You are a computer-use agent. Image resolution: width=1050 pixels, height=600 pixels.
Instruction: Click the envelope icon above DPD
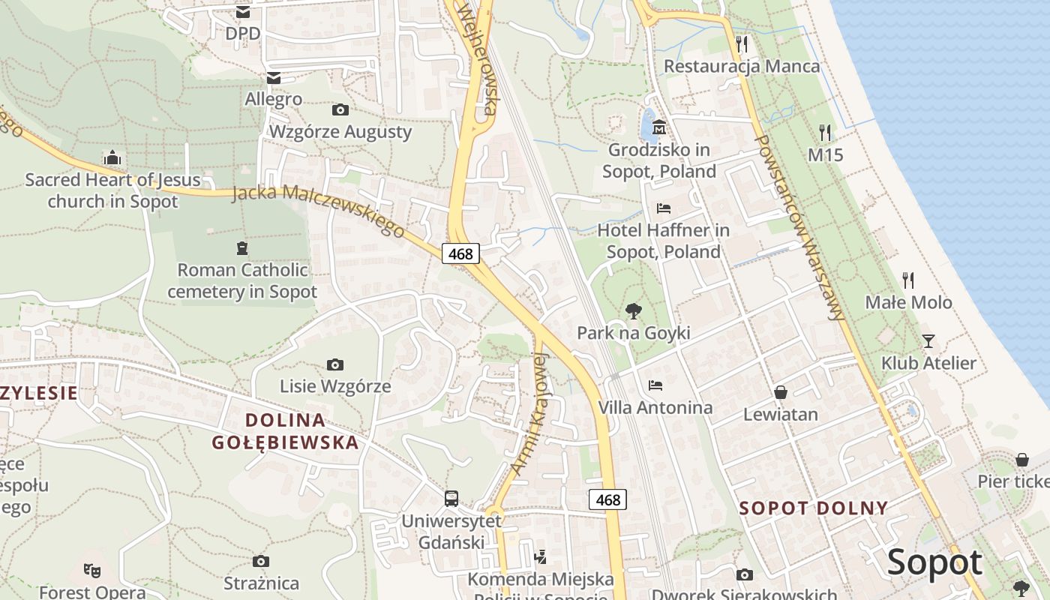[243, 12]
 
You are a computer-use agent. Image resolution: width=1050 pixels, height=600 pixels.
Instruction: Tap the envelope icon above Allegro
[273, 78]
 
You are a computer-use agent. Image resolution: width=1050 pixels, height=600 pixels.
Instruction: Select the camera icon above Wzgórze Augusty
[340, 110]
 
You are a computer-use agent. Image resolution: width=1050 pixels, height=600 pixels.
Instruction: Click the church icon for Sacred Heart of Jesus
[112, 157]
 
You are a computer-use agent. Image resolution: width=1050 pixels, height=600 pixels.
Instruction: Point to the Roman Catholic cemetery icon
[241, 247]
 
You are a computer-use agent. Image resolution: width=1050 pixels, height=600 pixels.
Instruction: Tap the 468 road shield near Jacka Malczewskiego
[460, 253]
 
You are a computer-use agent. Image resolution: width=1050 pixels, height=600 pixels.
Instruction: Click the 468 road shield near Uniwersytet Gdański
[607, 499]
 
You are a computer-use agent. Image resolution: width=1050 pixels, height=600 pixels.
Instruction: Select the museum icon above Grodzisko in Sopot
[659, 127]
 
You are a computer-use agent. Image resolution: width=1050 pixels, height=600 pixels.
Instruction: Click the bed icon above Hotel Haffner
[663, 208]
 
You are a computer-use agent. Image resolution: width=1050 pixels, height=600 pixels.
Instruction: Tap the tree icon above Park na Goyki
[634, 310]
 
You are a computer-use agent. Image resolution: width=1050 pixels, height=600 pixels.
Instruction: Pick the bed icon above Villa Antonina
[655, 385]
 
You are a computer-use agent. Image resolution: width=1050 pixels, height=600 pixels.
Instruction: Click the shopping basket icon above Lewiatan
[781, 392]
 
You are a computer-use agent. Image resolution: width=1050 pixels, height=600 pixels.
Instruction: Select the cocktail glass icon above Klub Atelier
[928, 341]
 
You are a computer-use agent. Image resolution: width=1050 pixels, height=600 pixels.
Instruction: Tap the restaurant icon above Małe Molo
[908, 280]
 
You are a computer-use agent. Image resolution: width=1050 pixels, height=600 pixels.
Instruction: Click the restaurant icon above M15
[825, 133]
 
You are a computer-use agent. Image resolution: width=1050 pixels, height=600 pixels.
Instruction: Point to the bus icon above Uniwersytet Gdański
[451, 498]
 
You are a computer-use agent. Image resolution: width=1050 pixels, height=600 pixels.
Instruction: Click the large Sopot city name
[934, 562]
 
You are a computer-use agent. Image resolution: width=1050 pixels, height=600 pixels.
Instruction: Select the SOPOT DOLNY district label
[814, 508]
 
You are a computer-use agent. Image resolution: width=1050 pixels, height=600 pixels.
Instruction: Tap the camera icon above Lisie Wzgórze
[335, 365]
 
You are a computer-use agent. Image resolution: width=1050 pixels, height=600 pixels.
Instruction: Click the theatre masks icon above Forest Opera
[92, 569]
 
